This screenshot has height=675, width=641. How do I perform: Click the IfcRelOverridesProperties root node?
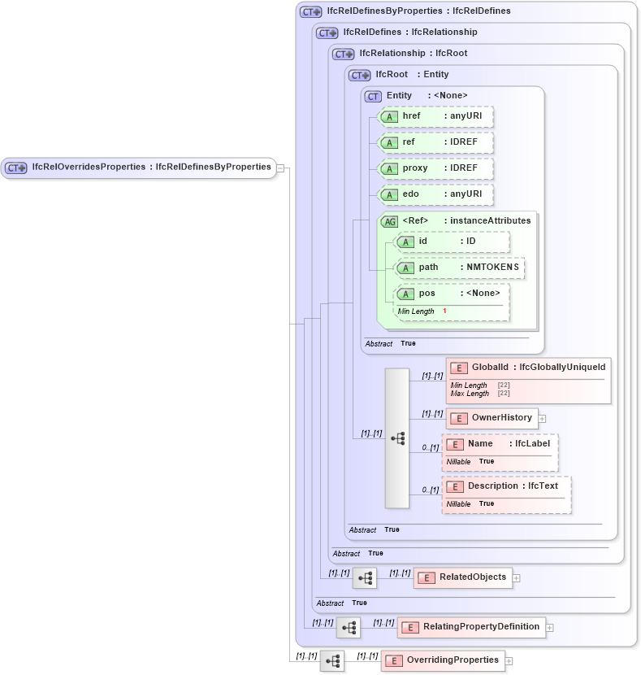138,168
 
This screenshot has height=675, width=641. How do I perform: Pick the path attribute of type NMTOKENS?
460,268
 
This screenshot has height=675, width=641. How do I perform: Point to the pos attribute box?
452,294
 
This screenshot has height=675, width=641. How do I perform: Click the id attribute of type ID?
452,242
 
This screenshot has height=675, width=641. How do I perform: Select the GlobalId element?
528,368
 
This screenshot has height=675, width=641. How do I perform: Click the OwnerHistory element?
492,418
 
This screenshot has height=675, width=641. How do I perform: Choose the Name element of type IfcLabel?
500,444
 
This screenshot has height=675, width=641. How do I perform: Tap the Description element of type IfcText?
506,486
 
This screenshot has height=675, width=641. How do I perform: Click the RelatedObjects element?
463,577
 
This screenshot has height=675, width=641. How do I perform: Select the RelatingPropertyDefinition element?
471,627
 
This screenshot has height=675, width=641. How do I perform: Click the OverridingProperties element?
443,660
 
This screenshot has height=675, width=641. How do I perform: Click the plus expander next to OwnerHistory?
542,419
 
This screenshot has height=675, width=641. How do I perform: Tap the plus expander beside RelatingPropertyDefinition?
550,628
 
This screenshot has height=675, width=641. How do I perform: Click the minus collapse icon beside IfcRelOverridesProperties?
280,168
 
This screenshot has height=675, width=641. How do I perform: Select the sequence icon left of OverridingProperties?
332,661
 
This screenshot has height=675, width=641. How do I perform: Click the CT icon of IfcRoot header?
359,75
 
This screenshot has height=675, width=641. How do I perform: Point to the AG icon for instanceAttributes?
390,221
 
